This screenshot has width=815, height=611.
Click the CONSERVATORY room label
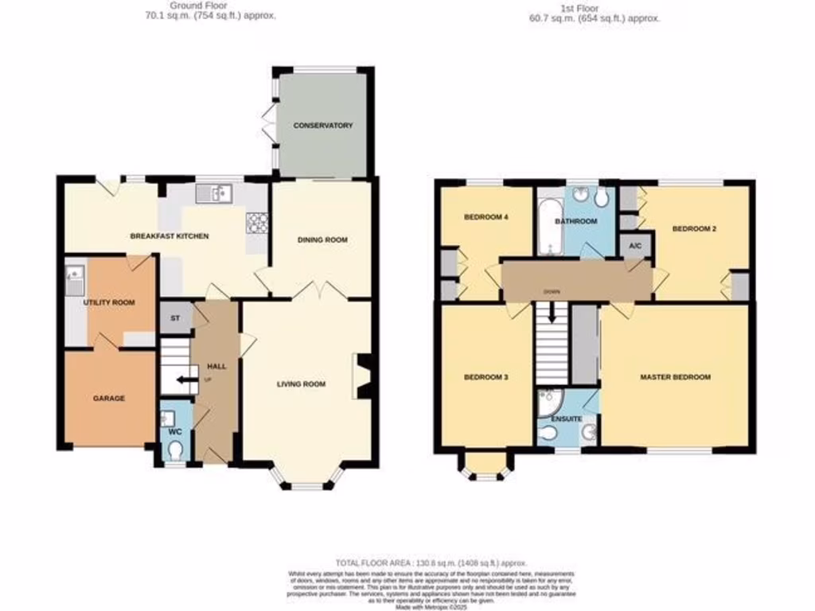coord(322,126)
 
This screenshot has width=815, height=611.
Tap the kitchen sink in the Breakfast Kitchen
coord(213,192)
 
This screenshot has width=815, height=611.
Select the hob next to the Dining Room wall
coord(257,222)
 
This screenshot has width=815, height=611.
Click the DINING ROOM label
coord(322,239)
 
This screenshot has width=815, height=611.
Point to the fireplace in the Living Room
coord(362,375)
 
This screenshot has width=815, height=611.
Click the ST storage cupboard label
coord(174,318)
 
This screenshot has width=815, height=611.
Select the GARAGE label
coord(109,398)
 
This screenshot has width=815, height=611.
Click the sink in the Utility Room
coord(75,278)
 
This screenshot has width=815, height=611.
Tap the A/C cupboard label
coord(635,246)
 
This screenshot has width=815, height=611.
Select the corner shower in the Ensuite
coord(548,404)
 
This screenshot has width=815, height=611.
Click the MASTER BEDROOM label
coord(675,377)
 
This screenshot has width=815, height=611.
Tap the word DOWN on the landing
coord(551,292)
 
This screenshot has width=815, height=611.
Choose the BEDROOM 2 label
coord(694,229)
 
